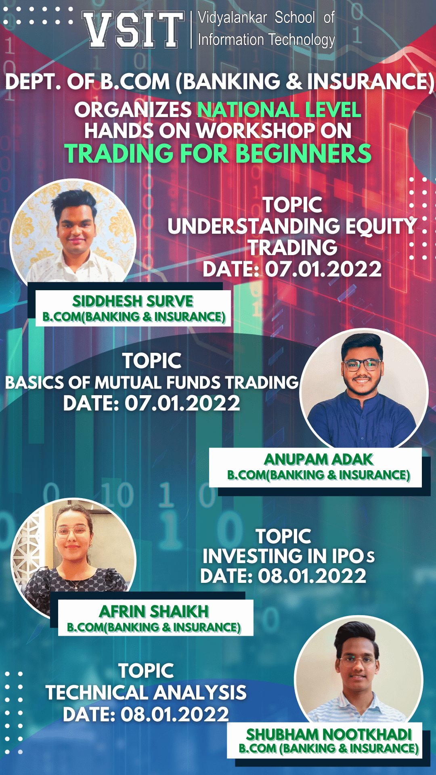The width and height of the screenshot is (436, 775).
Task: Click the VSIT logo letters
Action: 133,30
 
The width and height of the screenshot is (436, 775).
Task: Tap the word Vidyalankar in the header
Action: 233,18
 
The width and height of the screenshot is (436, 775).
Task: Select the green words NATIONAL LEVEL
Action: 279,110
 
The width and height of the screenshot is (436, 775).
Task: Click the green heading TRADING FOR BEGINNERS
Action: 218,154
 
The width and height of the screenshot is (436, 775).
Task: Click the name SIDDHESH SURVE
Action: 133,301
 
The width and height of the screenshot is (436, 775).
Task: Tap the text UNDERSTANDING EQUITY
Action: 292,226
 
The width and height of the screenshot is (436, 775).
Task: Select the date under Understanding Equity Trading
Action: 292,269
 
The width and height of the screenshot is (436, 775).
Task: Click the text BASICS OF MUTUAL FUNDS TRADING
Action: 152,383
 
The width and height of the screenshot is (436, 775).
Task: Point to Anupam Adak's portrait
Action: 364,390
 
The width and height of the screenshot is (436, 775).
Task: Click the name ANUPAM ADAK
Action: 319,459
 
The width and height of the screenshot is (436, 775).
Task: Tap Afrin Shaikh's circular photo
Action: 73,559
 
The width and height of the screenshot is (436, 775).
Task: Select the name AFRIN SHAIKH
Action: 154,612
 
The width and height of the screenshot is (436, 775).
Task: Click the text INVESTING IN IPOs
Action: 288,556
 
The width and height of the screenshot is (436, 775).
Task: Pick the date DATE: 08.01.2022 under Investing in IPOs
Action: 283,576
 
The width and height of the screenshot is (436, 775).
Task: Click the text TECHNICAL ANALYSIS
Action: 146,693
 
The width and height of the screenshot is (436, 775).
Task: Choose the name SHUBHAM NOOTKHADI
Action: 329,735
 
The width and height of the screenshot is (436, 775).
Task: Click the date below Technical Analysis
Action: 146,714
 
